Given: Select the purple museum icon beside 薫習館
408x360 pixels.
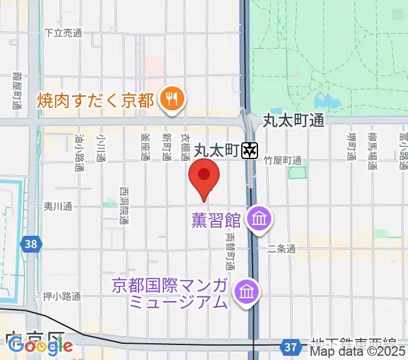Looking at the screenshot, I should coord(259,219).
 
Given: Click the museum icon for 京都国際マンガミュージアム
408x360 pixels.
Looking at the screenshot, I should coord(247,292).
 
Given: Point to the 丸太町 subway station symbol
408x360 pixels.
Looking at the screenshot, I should coord(249,151).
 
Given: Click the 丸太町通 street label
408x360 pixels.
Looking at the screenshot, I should coord(294,121).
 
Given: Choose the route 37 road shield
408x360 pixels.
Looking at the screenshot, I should coord(291,347).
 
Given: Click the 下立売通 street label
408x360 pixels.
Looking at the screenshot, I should coord(63,34).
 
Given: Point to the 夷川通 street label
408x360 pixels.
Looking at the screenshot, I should coord(58,206).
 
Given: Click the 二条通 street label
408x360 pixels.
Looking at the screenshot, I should coord(281,248).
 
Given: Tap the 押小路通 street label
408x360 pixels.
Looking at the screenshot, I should coord(62,296).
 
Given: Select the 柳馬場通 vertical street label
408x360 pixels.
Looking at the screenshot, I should coord(373,151).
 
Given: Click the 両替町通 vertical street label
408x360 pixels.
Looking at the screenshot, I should coord(230,252).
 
